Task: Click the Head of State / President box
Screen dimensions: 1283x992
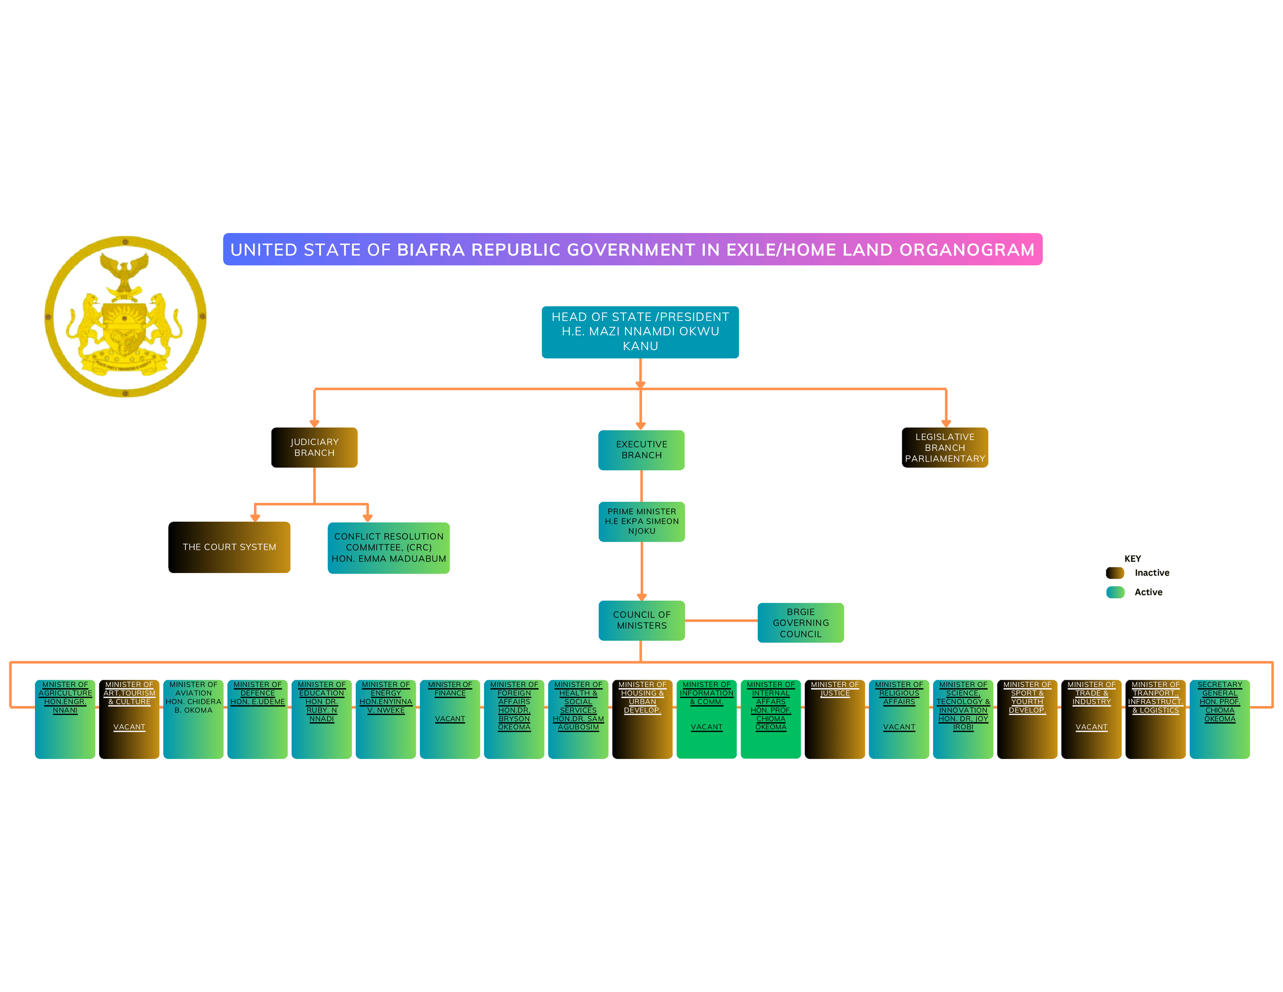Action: [640, 332]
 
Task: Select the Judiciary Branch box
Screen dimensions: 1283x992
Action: [314, 447]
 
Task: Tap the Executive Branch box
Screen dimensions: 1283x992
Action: [641, 450]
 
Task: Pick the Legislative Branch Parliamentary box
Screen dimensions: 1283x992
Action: [945, 447]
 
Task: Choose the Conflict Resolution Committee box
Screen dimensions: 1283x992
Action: [388, 547]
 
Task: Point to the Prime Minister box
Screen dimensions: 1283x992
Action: [641, 521]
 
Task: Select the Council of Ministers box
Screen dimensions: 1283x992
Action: [641, 620]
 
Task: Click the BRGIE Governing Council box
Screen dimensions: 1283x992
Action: [800, 622]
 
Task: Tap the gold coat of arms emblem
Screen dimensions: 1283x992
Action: [125, 317]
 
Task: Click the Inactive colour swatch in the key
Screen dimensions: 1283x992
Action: [1114, 573]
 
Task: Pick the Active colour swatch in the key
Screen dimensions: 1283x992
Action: [1114, 592]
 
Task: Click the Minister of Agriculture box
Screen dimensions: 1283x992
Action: [65, 719]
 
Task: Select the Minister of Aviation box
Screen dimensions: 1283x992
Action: [193, 719]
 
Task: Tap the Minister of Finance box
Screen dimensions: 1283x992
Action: [450, 719]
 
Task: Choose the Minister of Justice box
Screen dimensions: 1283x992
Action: [834, 719]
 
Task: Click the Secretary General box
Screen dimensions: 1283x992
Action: [1219, 719]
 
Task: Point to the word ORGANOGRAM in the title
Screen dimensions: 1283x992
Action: [966, 250]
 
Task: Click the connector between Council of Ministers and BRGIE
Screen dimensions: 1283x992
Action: [721, 620]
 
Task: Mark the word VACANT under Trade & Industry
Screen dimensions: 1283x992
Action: [1091, 727]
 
